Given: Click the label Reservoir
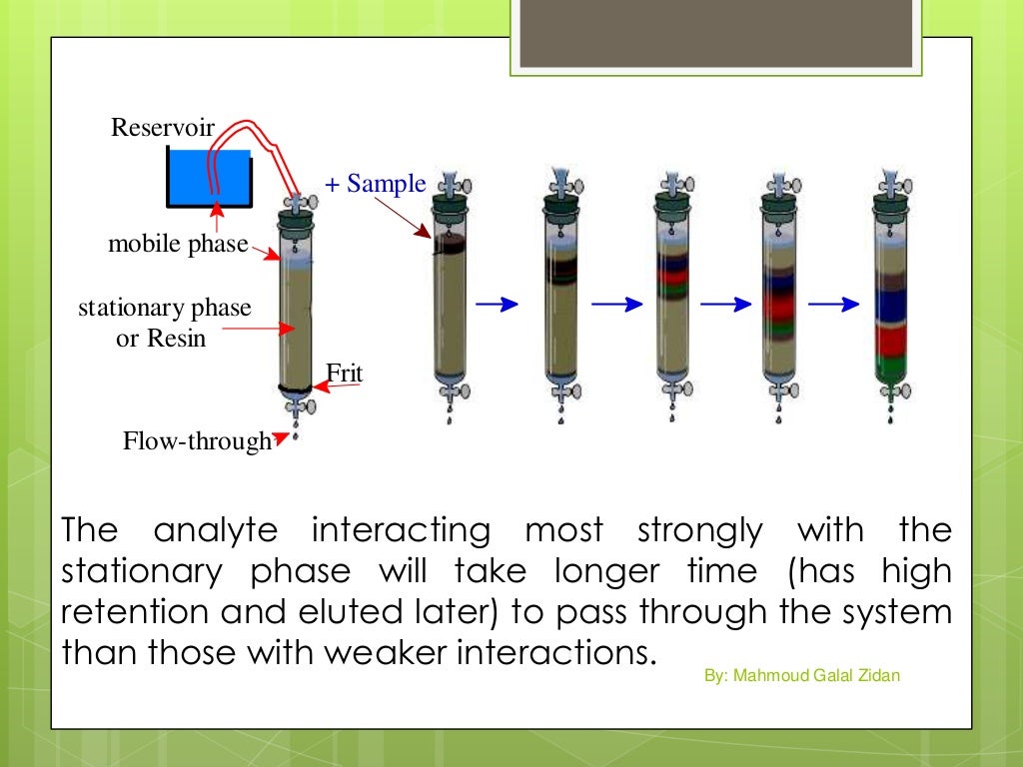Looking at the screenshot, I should pyautogui.click(x=163, y=128).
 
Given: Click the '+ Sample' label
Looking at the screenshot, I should pyautogui.click(x=376, y=185).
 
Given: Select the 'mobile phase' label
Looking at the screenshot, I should pyautogui.click(x=178, y=244).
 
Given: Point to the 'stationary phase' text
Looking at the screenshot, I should pyautogui.click(x=165, y=308).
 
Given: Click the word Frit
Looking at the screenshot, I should pyautogui.click(x=344, y=375).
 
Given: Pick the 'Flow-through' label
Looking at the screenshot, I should pyautogui.click(x=197, y=440).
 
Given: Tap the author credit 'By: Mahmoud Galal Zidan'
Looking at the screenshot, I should pyautogui.click(x=802, y=676).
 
